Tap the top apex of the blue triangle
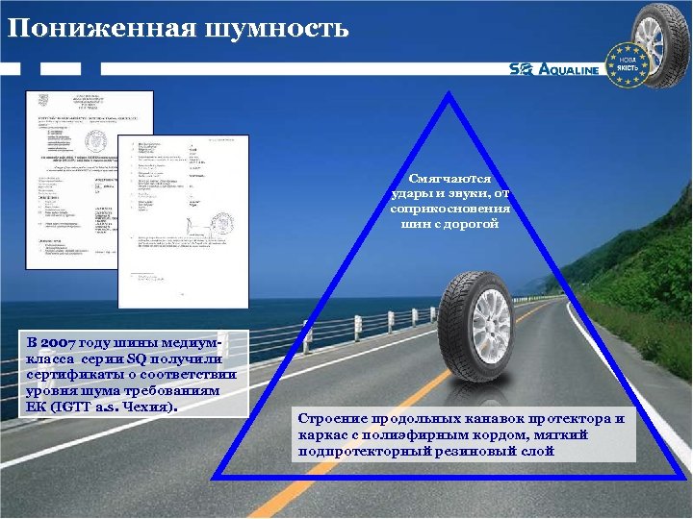pyautogui.click(x=449, y=95)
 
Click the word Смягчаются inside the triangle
pyautogui.click(x=450, y=180)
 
